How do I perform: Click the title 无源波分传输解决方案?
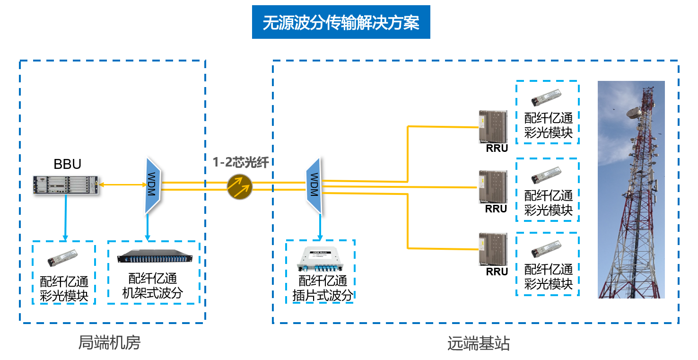pos(341,22)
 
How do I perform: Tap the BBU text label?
pos(67,164)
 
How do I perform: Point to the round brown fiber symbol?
pos(240,186)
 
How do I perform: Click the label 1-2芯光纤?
pos(241,163)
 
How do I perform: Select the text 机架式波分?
pos(152,293)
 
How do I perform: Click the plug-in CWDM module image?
pos(320,260)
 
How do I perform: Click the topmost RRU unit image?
pos(493,126)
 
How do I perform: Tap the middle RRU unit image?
pos(493,187)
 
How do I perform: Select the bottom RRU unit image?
pos(493,249)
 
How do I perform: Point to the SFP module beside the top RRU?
pos(546,97)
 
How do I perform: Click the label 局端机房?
pos(109,342)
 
